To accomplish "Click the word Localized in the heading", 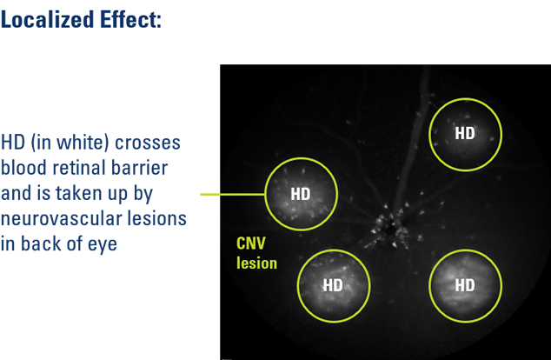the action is click(x=48, y=19).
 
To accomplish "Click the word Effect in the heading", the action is click(x=128, y=19).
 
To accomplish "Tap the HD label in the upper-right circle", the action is click(x=465, y=133).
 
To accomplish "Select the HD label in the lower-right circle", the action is click(x=465, y=285).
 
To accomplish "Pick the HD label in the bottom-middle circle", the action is click(x=333, y=285).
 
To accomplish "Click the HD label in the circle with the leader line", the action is click(x=301, y=194).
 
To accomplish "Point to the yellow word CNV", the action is click(x=251, y=243).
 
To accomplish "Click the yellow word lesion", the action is click(x=257, y=263).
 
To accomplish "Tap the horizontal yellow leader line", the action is click(x=233, y=194).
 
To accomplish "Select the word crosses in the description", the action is click(x=148, y=143).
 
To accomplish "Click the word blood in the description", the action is click(x=23, y=167).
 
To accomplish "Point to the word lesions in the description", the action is click(x=156, y=218).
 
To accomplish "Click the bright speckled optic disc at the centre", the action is click(x=390, y=229).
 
